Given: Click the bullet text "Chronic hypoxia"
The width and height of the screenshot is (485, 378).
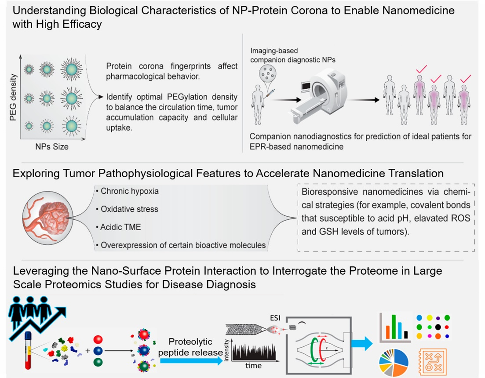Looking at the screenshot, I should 129,191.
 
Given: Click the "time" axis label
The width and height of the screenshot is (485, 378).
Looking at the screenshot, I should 254,365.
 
